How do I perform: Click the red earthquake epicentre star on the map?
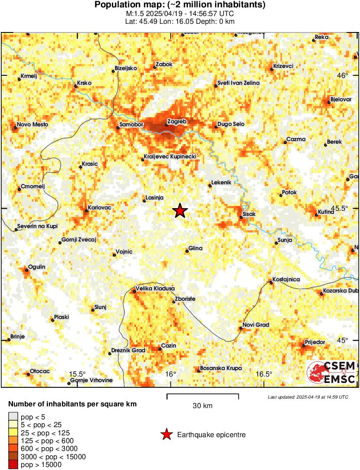click(x=180, y=211)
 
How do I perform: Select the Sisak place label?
click(x=250, y=214)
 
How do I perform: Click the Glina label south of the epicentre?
click(x=195, y=249)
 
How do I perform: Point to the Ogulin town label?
click(x=36, y=267)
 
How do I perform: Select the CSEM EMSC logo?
click(x=331, y=372)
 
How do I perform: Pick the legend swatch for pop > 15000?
click(x=13, y=464)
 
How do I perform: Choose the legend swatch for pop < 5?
click(x=13, y=417)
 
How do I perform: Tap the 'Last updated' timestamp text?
click(x=308, y=397)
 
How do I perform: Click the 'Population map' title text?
click(x=180, y=5)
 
